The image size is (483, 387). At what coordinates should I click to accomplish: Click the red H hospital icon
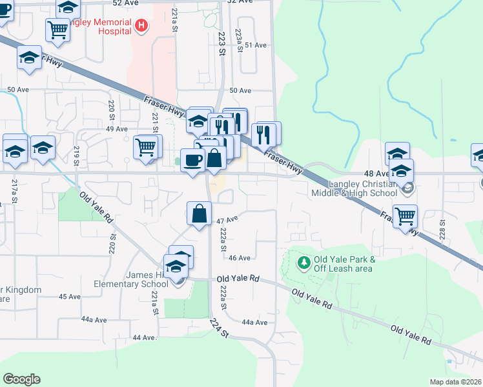(142, 26)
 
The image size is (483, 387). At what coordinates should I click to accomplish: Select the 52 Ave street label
(126, 3)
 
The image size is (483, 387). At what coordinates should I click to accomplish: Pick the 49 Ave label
(117, 129)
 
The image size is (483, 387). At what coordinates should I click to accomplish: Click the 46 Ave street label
(239, 257)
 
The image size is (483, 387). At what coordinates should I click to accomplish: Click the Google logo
(21, 379)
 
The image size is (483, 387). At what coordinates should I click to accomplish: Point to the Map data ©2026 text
(455, 382)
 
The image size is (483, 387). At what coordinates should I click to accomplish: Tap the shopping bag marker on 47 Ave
(200, 213)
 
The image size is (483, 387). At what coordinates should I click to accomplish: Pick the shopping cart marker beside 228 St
(405, 215)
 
